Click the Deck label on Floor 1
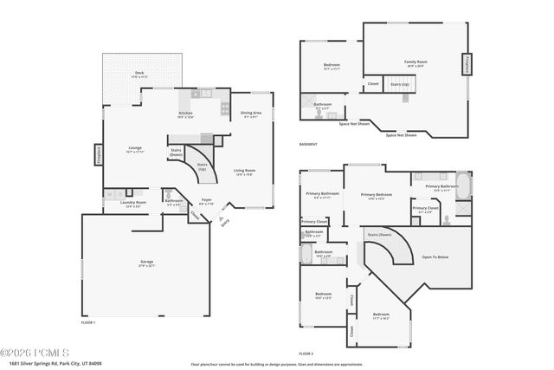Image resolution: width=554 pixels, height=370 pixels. click(139, 75)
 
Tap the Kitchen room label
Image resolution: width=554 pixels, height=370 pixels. click(185, 115)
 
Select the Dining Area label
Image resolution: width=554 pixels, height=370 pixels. click(251, 114)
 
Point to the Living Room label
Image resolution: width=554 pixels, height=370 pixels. click(244, 172)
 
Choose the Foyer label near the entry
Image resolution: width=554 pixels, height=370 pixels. click(206, 202)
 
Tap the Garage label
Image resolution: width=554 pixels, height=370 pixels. click(147, 263)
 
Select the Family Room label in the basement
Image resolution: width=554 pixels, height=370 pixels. click(415, 63)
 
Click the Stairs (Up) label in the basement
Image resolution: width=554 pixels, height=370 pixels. click(400, 85)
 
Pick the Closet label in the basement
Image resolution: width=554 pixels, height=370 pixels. click(373, 84)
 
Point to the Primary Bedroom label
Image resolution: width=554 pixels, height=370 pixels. click(376, 197)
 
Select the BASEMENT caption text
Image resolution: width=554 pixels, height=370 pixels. click(308, 144)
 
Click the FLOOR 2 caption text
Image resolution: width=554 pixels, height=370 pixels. click(306, 354)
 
